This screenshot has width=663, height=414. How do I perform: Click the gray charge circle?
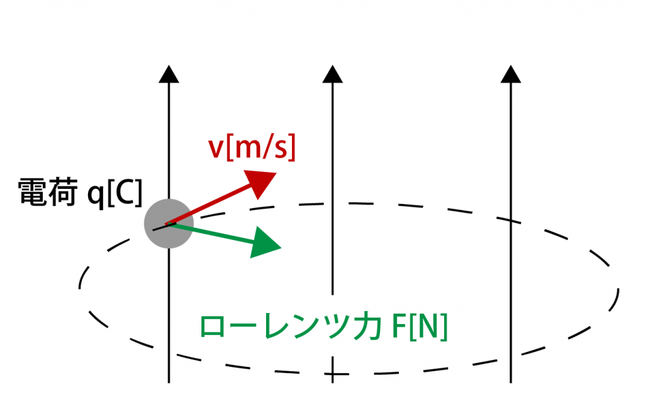point(168,224)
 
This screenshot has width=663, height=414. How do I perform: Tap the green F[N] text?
point(421,328)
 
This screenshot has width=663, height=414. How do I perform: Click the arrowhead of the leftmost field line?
point(168,74)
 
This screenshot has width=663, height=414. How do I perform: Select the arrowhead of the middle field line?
point(332,74)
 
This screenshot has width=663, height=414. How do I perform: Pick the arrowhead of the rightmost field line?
point(511,74)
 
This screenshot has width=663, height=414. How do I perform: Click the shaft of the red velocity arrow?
point(207,206)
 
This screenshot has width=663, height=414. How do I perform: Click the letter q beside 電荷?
point(96,194)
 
